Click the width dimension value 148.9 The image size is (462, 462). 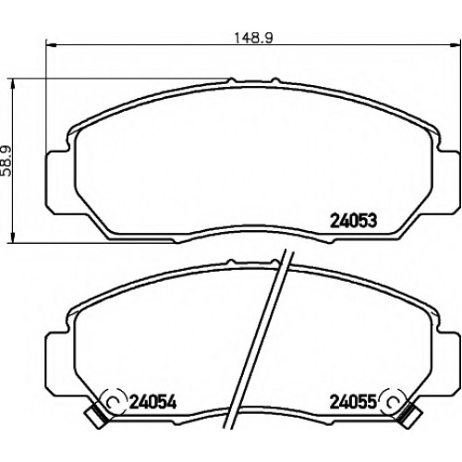(253, 38)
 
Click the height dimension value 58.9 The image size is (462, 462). (6, 161)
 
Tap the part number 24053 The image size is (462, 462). (353, 221)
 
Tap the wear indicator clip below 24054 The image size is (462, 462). (96, 416)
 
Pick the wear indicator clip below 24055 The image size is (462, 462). (408, 416)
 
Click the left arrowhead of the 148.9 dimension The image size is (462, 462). (51, 45)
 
